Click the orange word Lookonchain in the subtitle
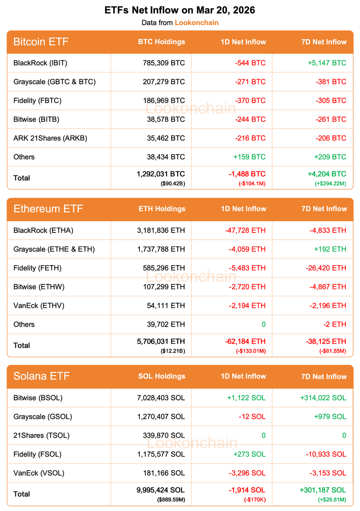pos(196,23)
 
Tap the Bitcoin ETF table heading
pos(41,42)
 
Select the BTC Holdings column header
pos(161,42)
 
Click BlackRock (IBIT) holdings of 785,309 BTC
pos(164,63)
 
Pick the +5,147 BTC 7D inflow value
pos(327,63)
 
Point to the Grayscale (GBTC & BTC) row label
pos(55,82)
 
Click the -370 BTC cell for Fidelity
pos(250,100)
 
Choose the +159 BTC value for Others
pos(249,157)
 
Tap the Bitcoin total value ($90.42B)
pos(173,184)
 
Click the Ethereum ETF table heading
pos(48,209)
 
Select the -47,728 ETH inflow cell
pos(245,230)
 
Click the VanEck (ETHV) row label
pos(39,305)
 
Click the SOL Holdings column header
pos(161,376)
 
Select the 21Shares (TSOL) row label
pos(41,435)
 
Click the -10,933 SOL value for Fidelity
pos(326,454)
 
